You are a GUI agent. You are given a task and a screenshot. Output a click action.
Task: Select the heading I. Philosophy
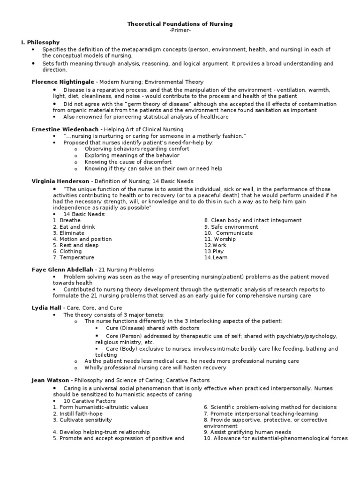40,42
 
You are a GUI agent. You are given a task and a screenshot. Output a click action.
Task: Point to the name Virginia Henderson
60,181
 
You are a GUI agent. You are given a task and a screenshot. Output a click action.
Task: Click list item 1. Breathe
67,220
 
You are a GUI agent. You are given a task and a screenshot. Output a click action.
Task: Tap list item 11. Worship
220,239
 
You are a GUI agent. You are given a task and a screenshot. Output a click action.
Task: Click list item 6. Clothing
67,251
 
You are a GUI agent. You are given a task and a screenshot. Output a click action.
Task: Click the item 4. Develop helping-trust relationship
101,432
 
